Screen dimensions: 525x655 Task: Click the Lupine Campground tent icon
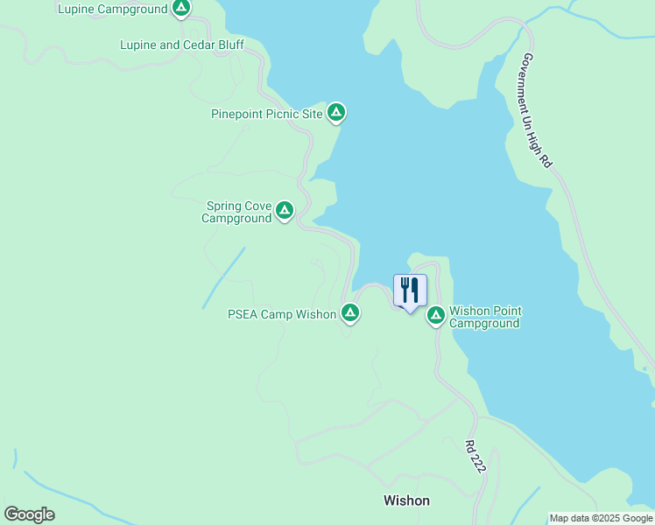180,10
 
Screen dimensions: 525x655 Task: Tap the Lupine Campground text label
112,10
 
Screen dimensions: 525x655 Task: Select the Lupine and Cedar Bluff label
182,45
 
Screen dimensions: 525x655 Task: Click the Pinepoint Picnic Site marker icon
336,113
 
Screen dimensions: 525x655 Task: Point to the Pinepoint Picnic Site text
267,114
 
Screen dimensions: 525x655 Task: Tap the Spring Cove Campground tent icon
284,210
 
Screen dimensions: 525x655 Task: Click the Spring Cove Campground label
237,213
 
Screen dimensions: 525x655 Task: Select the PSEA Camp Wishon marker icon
349,312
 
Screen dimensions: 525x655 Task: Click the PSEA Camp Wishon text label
282,315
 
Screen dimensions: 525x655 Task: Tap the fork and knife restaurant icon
410,290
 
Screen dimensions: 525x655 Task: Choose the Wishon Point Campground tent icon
435,315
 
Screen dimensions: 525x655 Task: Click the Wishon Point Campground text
485,317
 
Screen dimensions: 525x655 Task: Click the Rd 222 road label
475,458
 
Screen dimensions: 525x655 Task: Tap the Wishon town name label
406,501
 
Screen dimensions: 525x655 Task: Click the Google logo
29,514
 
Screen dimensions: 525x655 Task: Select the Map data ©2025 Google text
601,518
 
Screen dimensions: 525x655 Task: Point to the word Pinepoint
237,114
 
